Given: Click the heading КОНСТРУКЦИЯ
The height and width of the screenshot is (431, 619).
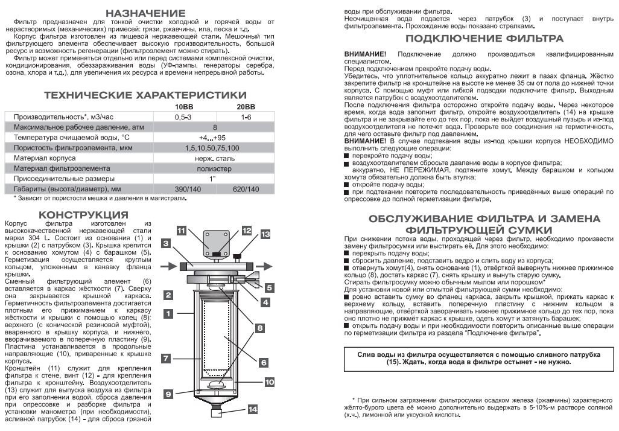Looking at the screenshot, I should click(83, 215).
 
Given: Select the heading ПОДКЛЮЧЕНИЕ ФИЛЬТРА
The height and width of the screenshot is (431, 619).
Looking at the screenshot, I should click(484, 39).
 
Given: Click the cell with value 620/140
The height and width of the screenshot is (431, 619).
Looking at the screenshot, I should click(245, 190).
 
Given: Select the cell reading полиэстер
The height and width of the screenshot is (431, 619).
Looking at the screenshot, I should click(215, 168).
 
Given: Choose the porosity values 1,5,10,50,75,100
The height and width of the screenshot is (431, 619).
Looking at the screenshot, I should click(215, 148).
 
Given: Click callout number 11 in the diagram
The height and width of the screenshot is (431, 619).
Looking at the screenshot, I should click(182, 230).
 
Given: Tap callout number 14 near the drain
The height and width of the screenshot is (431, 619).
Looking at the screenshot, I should click(253, 409).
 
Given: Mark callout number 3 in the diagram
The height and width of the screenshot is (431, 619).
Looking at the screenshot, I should click(165, 243).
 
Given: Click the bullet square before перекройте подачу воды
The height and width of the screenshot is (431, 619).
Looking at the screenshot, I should click(347, 155).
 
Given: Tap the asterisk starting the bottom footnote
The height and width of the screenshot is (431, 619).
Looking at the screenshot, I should click(354, 400).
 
